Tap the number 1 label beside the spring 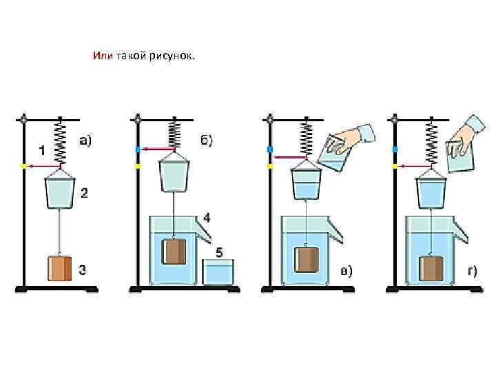41,149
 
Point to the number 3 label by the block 83,270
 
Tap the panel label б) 207,141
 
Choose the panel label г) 472,270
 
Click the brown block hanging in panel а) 60,269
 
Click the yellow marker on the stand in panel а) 23,166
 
